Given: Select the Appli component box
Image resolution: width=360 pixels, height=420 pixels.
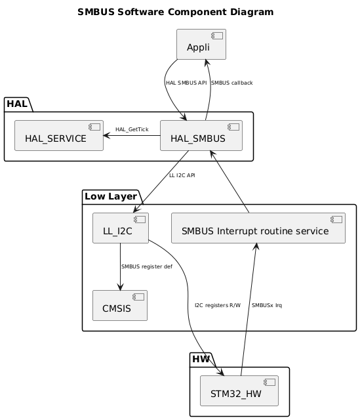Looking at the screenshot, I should pos(201,45).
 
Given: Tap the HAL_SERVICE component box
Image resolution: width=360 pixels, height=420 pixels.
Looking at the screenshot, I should pos(59,136).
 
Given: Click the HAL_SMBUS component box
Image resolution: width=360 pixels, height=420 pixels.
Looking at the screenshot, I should pos(201,136).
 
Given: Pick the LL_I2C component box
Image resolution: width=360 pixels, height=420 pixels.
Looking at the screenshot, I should pos(121,228).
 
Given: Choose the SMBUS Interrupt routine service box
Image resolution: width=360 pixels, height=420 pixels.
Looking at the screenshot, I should pos(258,228).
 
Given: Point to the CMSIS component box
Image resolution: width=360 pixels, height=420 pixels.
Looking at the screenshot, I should pos(120,306).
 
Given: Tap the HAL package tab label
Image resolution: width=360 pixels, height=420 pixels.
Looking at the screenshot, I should pos(18,104).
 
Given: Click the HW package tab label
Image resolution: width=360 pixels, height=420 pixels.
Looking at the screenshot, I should pos(201,360).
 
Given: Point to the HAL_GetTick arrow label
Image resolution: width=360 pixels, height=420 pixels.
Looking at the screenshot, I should pos(132,129).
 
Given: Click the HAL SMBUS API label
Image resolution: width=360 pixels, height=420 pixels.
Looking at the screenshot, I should pos(186,83).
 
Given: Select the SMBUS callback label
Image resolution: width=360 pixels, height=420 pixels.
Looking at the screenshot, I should pos(231,83).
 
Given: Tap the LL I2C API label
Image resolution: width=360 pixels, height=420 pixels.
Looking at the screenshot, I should pos(182,175).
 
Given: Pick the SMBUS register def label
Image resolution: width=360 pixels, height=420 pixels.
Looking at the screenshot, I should pos(146,266).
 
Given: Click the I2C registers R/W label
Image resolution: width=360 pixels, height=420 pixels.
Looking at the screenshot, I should pos(218,305).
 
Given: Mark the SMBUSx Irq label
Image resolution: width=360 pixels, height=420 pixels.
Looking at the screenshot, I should pos(267,305).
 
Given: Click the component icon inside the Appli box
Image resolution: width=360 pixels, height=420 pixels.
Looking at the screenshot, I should pos(218,35).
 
